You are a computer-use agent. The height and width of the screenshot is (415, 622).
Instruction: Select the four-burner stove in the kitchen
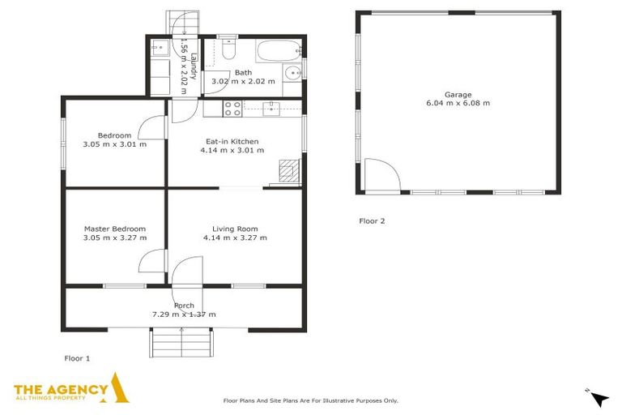click(x=232, y=108)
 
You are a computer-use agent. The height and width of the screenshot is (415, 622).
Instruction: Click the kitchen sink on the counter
click(x=272, y=108)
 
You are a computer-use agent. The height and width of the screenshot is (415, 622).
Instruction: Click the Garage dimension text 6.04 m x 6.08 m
click(x=458, y=103)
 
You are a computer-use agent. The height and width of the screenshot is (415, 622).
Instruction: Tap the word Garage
click(x=458, y=94)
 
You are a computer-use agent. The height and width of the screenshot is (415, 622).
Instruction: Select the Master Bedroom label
click(x=115, y=229)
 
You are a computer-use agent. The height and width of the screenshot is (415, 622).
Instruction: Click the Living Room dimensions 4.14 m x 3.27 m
click(x=235, y=237)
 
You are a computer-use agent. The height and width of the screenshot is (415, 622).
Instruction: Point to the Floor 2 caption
click(x=372, y=220)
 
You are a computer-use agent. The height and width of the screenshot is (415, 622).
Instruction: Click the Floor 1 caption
click(x=77, y=357)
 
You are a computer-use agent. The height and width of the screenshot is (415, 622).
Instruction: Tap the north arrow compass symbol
click(x=599, y=398)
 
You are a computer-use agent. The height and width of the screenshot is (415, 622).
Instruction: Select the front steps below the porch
click(x=182, y=342)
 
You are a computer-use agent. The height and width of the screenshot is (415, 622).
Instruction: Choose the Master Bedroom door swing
click(x=151, y=261)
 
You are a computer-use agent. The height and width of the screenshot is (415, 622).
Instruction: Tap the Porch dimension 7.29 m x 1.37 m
click(x=184, y=314)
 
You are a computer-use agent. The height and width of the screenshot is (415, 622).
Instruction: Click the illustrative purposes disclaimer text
click(x=310, y=400)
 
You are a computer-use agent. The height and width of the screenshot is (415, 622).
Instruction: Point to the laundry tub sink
click(x=158, y=46)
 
